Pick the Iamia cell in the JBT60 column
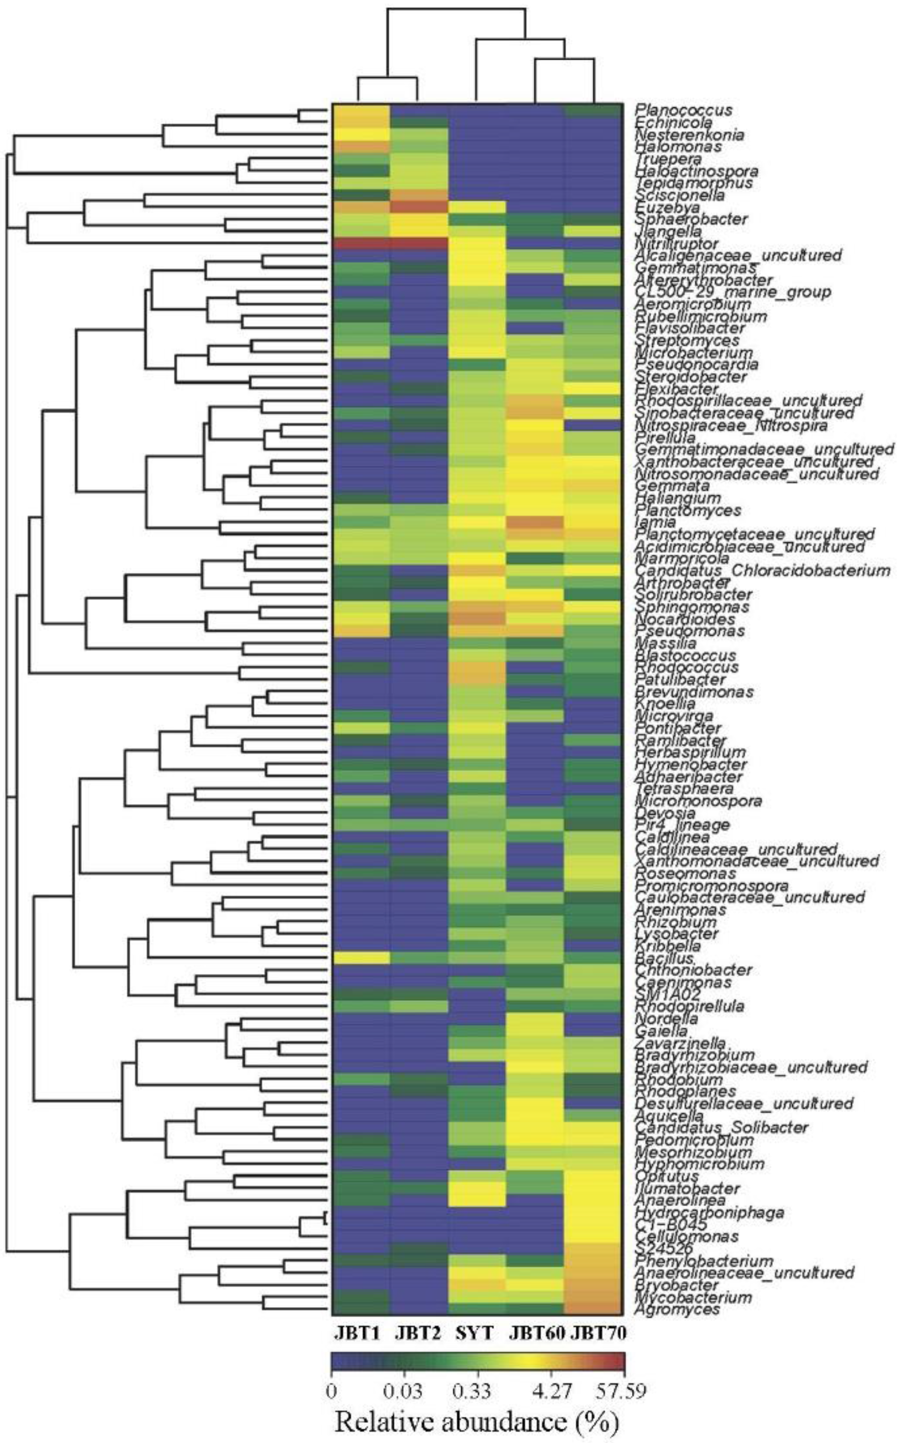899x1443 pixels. (535, 522)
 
